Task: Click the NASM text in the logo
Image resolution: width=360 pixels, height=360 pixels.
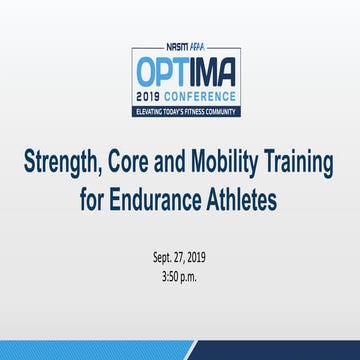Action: [171, 45]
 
